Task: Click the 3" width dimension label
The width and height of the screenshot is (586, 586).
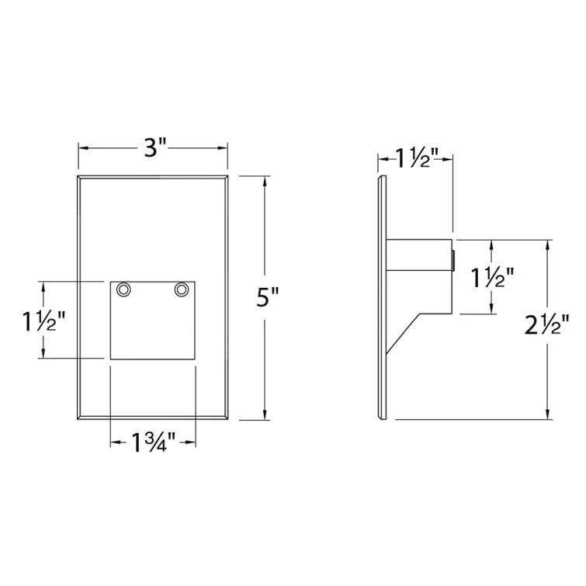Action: click(x=154, y=147)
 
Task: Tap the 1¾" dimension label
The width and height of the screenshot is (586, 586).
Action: click(x=153, y=443)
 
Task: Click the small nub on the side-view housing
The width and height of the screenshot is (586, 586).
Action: click(x=452, y=261)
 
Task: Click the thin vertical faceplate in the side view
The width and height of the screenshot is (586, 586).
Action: click(x=380, y=299)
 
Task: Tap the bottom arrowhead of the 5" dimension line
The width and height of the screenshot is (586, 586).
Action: click(x=266, y=414)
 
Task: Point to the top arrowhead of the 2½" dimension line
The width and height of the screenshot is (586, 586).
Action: click(x=549, y=244)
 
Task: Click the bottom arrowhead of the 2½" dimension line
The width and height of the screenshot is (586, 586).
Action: click(x=549, y=414)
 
